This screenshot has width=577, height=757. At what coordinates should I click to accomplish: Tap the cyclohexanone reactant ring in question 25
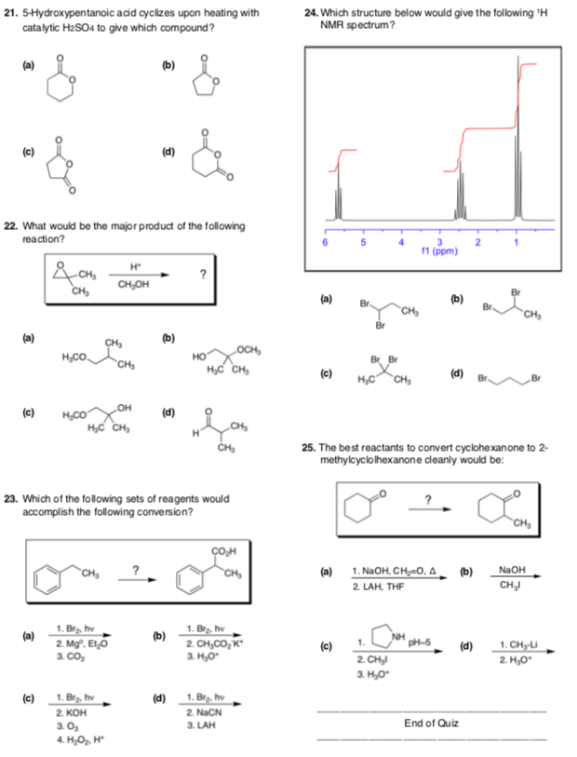tap(356, 508)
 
